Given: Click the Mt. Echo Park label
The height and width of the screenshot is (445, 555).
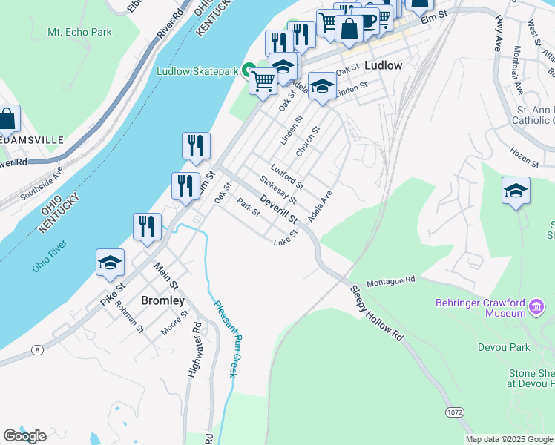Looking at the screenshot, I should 79,32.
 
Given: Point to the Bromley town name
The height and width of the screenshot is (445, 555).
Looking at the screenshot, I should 162,300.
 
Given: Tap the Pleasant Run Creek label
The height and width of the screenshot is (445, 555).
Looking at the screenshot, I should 224,337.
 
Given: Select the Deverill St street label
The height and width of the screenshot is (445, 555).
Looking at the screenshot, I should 279,209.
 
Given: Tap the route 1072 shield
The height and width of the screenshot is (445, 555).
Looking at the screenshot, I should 455,411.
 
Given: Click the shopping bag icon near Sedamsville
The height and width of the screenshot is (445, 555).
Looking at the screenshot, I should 7,119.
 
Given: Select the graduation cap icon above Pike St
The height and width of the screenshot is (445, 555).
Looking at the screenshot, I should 110,263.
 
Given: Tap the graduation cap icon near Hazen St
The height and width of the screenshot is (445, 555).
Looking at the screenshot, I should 516,191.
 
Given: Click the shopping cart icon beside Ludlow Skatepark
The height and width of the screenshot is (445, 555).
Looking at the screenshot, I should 263,81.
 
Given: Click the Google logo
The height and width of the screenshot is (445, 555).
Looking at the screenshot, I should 24,435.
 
